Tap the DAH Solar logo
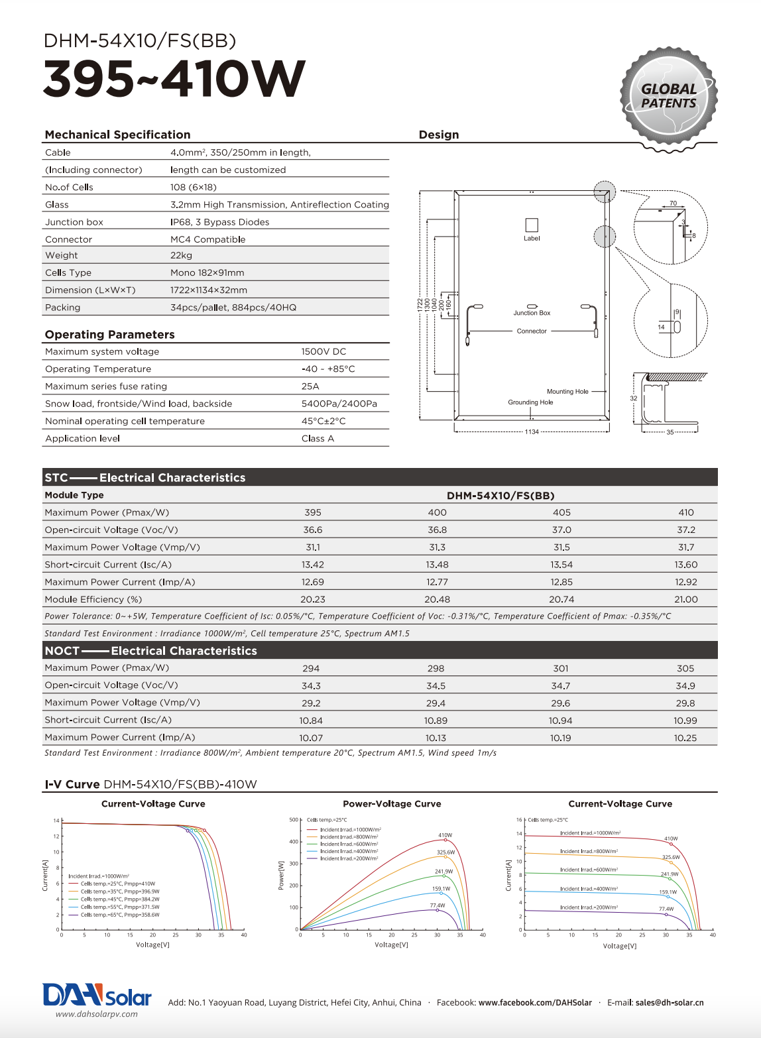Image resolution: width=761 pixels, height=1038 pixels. click(97, 996)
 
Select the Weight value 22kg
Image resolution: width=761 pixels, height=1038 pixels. click(181, 255)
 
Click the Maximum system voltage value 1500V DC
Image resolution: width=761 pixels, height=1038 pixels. click(323, 352)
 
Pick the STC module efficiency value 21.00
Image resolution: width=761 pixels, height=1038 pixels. click(686, 599)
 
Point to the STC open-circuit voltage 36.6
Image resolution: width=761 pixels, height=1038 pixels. click(313, 530)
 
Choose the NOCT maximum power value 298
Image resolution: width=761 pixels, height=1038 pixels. click(436, 668)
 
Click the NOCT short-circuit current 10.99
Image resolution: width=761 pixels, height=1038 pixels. click(685, 721)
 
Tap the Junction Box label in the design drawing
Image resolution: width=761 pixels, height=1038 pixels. click(532, 313)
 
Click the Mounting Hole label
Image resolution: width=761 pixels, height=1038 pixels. click(567, 392)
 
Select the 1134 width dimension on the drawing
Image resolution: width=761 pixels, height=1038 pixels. click(532, 432)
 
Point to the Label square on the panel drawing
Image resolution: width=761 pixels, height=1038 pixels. click(532, 225)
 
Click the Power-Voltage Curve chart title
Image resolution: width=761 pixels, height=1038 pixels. click(392, 804)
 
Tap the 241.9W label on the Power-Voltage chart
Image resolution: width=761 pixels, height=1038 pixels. click(443, 872)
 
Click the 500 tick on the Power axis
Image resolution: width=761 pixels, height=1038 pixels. click(294, 820)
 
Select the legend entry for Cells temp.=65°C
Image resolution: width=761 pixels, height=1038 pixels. click(119, 915)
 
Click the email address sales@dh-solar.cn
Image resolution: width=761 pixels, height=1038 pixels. click(670, 1002)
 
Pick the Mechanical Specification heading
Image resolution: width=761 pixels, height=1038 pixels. click(117, 135)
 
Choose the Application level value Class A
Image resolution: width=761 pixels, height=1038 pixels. click(318, 439)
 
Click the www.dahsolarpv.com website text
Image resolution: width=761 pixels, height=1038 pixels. click(97, 1014)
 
